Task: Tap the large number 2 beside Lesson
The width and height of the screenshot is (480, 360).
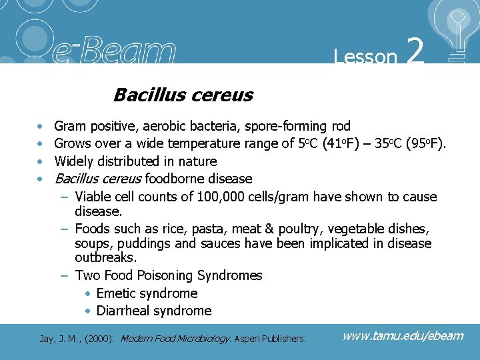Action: (415, 51)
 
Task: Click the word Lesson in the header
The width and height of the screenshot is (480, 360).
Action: (365, 57)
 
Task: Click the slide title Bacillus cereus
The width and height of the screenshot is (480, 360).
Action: (183, 95)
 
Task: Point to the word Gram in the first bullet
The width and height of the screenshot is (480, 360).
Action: (69, 126)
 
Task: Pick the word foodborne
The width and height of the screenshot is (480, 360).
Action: (175, 179)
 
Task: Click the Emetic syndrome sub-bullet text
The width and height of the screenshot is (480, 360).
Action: (147, 293)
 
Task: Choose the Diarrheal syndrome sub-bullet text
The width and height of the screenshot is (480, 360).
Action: (153, 311)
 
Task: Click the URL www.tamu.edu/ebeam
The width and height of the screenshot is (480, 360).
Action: (402, 335)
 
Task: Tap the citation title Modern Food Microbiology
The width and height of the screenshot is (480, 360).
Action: (175, 339)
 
